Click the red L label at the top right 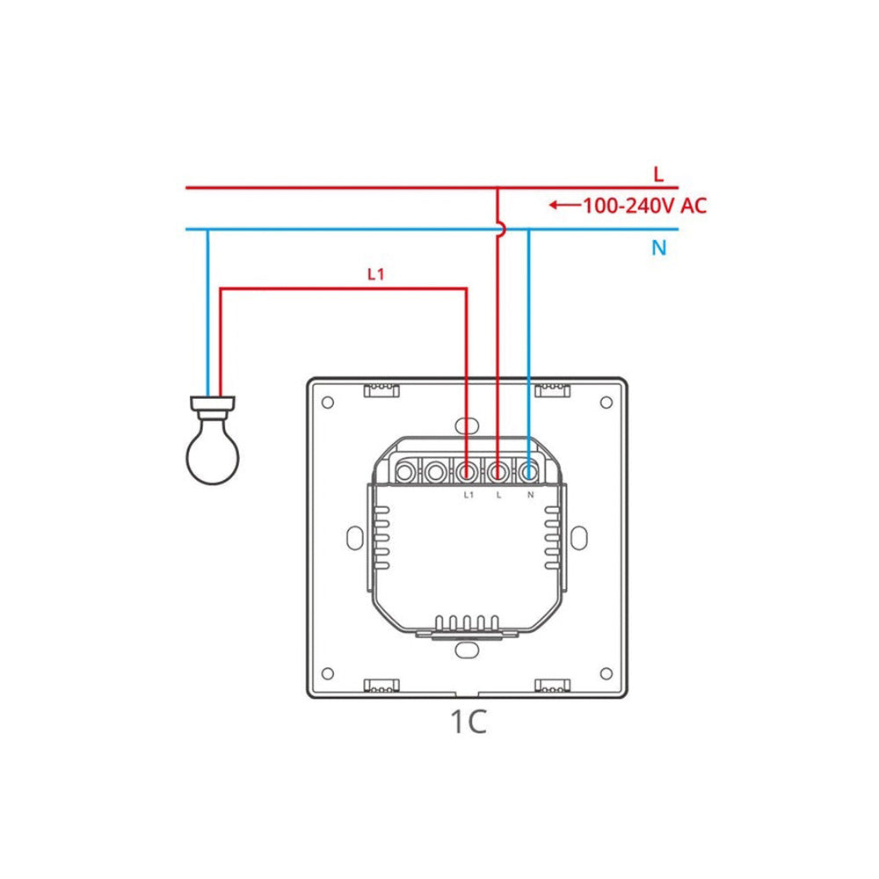point(658,173)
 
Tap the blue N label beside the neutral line point(658,248)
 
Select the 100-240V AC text point(644,207)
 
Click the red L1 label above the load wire point(376,274)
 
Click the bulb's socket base point(213,407)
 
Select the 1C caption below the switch point(468,722)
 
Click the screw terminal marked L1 point(467,473)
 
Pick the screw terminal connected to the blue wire point(528,473)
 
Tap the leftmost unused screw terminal point(405,473)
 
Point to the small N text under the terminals point(530,495)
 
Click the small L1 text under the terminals point(468,495)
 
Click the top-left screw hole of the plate point(328,403)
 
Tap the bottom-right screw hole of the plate point(606,673)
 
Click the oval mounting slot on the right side point(581,538)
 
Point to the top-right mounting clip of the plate point(553,389)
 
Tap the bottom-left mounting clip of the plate point(381,686)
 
